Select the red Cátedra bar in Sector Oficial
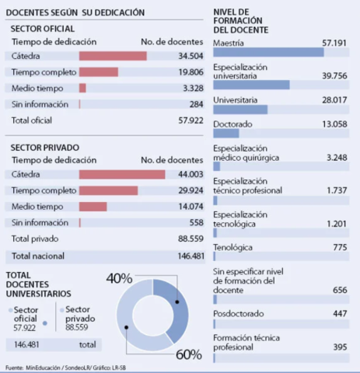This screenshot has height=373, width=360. (112, 56)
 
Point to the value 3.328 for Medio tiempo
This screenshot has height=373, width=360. (190, 88)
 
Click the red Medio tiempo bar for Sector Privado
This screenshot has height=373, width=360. (93, 207)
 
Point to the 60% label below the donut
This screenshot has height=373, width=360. (187, 354)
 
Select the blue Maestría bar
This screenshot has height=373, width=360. (267, 52)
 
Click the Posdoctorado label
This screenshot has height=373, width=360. (237, 313)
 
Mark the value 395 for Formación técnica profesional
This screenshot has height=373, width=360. (340, 346)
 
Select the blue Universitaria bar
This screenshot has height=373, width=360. (239, 109)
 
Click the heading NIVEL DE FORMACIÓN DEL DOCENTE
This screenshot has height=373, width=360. (242, 19)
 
